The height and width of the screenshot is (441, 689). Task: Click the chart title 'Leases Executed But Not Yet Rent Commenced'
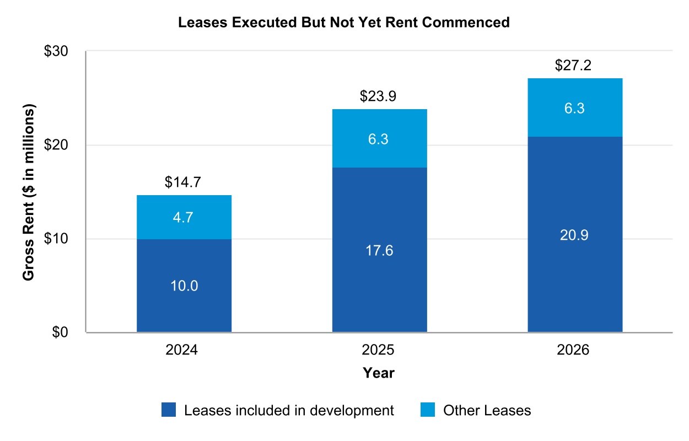343,23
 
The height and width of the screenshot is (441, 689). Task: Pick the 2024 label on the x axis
184,351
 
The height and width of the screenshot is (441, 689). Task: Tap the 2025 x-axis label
379,351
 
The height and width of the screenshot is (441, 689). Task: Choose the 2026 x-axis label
575,351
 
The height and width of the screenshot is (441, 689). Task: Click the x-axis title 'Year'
379,373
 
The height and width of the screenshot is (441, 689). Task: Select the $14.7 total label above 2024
184,182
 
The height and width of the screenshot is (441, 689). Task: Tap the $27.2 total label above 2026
575,66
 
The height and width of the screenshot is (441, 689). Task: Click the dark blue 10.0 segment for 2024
184,286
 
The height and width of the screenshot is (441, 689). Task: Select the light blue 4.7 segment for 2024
184,217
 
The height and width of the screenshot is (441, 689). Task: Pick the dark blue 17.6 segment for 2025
379,250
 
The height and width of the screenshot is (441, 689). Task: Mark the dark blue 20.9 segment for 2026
575,235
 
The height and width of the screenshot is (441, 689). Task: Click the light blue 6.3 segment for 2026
575,108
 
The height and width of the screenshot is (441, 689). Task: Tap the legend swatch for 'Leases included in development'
169,410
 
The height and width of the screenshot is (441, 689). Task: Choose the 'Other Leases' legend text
487,410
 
